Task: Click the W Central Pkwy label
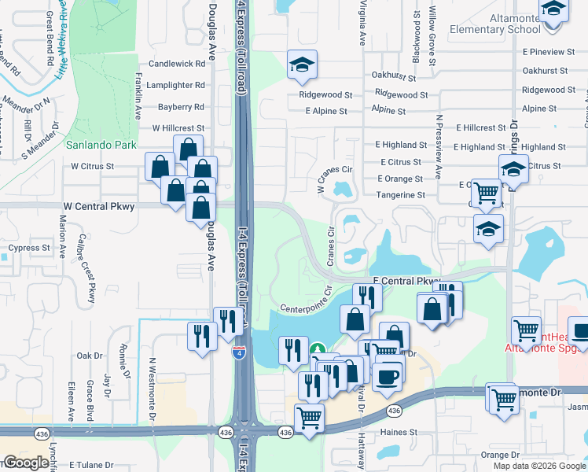pyautogui.click(x=102, y=206)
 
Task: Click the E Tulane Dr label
pyautogui.click(x=92, y=465)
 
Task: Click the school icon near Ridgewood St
pyautogui.click(x=300, y=66)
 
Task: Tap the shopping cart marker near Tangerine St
pyautogui.click(x=487, y=192)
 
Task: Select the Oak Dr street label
pyautogui.click(x=90, y=356)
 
